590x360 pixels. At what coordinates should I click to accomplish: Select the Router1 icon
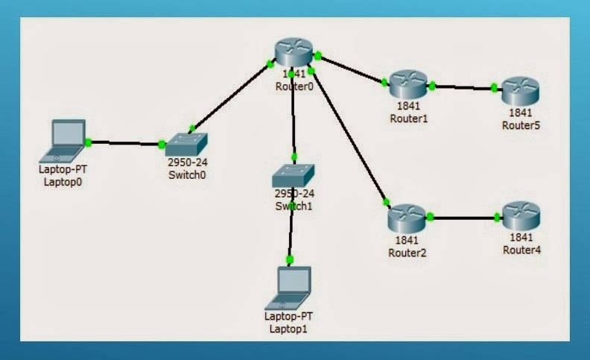407,84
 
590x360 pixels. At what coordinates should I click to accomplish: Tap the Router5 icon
520,92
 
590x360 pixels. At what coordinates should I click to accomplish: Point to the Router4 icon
520,215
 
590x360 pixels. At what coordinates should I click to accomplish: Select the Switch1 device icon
293,176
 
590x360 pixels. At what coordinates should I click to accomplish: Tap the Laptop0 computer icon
65,140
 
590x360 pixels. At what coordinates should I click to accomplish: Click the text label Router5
520,124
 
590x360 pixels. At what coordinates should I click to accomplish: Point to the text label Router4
520,250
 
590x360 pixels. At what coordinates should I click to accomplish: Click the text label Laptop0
62,179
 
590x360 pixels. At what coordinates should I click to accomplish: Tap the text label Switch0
186,175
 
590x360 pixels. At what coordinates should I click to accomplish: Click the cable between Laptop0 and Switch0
124,143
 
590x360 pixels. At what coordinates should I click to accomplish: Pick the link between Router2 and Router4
463,218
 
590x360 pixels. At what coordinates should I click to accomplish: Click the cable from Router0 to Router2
349,136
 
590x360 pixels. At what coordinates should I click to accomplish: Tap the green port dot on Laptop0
88,142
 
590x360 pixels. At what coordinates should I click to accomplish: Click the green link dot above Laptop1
290,259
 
